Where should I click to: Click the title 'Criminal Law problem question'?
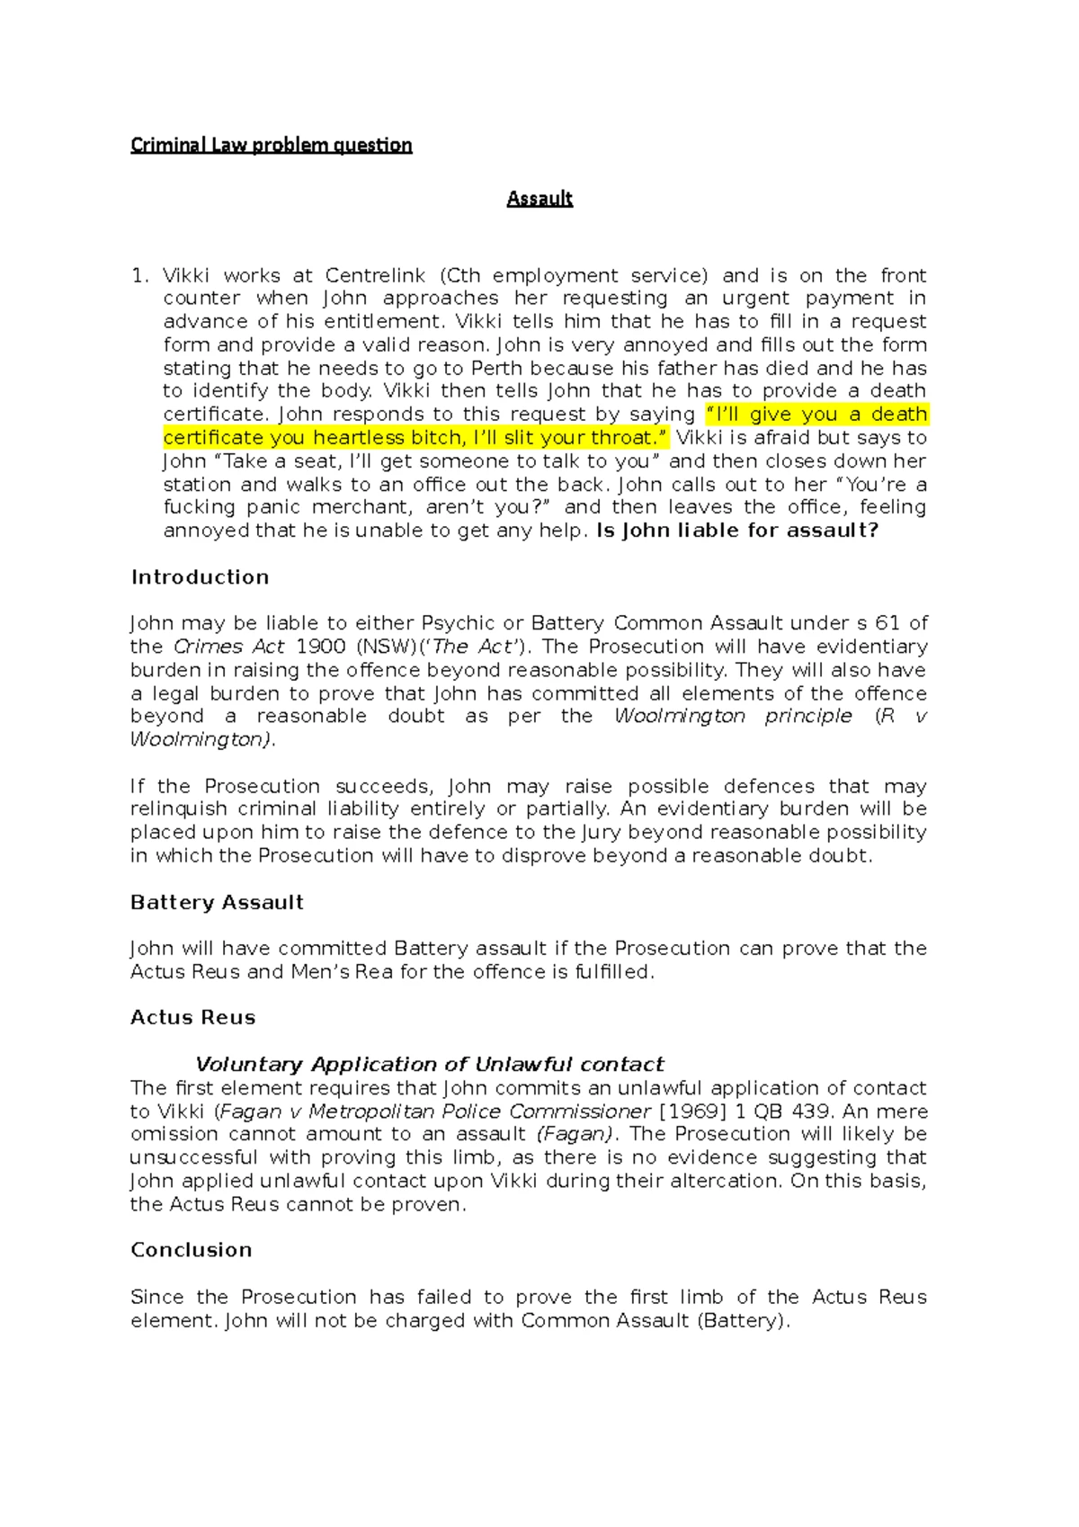[271, 145]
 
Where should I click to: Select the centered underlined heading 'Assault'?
[539, 199]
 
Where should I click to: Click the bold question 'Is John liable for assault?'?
[737, 531]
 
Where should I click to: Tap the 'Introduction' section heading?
[200, 577]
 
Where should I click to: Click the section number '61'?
[887, 623]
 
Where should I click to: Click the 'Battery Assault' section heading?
[217, 903]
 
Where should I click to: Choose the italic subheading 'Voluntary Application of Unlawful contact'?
[430, 1065]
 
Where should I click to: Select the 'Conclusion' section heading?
[191, 1250]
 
